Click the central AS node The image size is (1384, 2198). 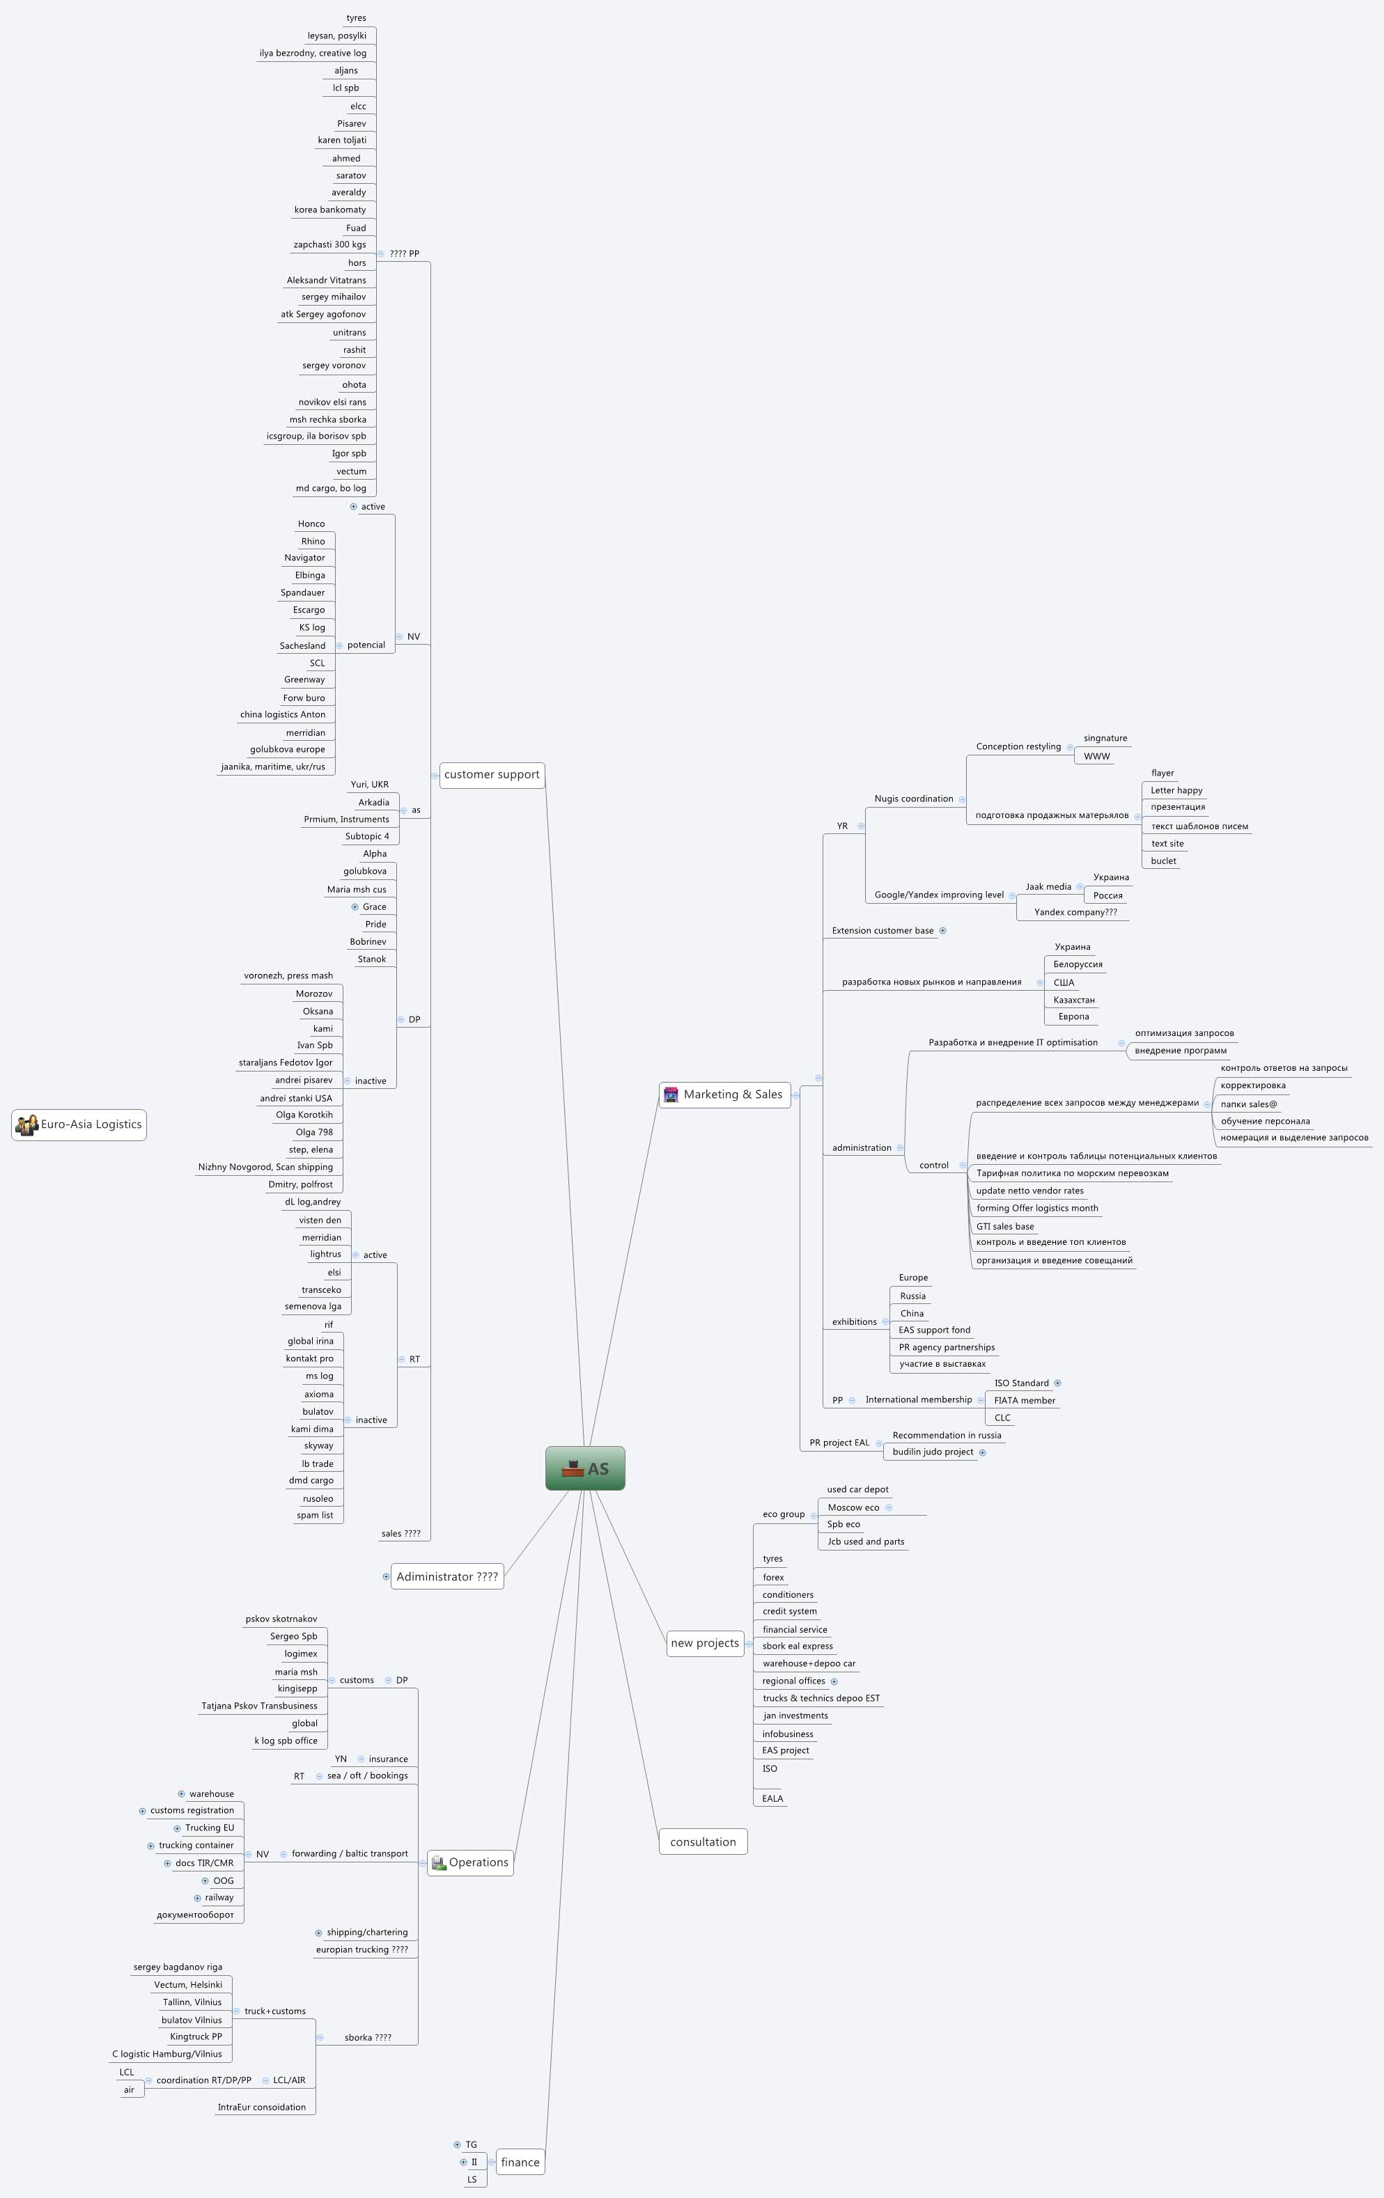585,1468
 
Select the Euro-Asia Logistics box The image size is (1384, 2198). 79,1124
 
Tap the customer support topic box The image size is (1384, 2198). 492,775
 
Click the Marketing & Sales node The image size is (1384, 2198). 725,1094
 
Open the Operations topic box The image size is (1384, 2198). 470,1862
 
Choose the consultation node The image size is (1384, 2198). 703,1841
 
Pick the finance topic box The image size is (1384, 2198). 520,2162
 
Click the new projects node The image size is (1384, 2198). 705,1643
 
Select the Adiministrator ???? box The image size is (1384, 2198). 447,1576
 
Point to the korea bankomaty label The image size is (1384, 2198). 329,210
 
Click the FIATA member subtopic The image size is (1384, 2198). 1025,1400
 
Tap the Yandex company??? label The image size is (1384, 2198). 1075,912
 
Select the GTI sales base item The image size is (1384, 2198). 1005,1226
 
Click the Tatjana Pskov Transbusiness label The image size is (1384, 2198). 259,1705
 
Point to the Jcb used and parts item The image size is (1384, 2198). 866,1541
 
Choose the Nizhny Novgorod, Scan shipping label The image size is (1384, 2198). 265,1167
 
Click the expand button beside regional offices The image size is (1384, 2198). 834,1681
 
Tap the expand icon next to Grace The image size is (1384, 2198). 355,906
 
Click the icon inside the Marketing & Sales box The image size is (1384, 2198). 671,1094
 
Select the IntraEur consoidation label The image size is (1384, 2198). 261,2107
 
